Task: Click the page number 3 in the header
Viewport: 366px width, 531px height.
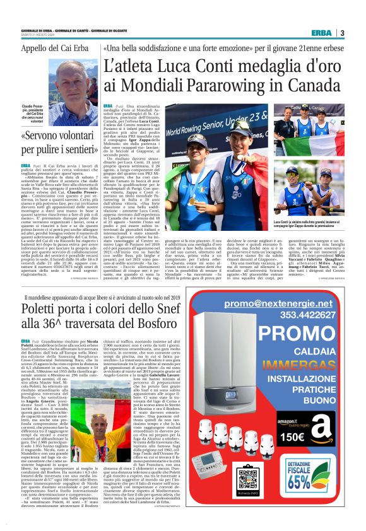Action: tap(342, 33)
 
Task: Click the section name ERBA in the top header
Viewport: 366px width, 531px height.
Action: tap(321, 33)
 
